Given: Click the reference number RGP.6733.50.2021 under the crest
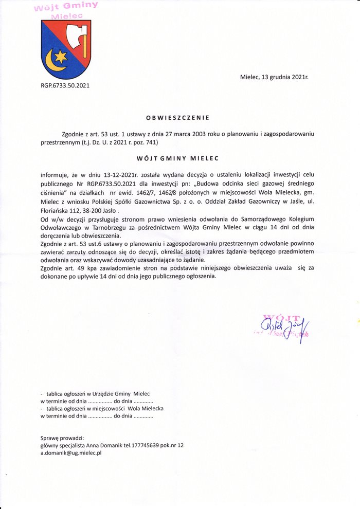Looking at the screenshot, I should click(x=65, y=86).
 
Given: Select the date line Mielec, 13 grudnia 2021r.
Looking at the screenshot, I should click(x=274, y=77).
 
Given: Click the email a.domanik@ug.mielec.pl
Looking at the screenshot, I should click(x=71, y=453).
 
